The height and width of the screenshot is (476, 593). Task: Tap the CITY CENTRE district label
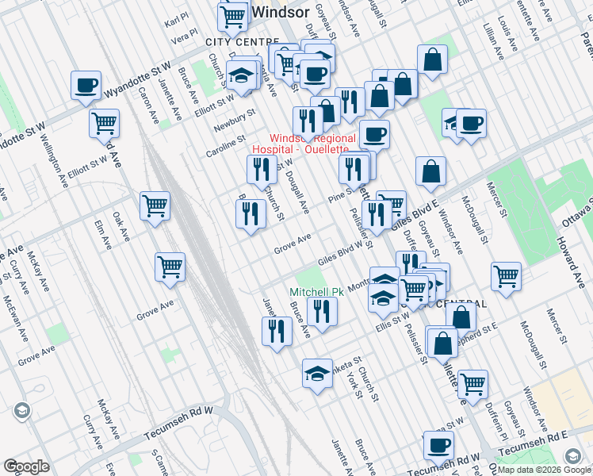pyautogui.click(x=242, y=41)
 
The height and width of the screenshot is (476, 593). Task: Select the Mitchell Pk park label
pyautogui.click(x=316, y=292)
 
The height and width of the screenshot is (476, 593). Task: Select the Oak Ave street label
pyautogui.click(x=121, y=227)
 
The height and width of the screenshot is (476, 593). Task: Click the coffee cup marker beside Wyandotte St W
pyautogui.click(x=86, y=85)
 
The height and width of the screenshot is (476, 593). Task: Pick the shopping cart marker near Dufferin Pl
pyautogui.click(x=472, y=384)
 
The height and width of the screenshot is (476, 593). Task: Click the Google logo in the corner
pyautogui.click(x=25, y=466)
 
